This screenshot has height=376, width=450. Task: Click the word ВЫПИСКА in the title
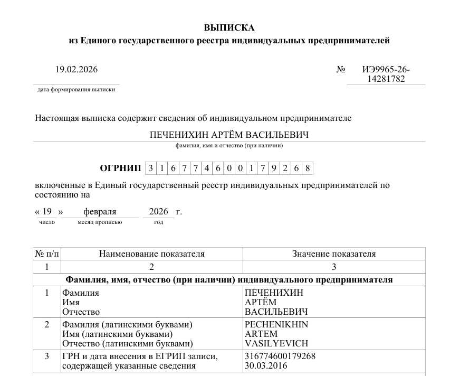[x=229, y=27]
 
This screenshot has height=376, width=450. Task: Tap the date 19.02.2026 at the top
[x=76, y=69]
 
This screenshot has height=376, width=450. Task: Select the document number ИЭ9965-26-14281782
[x=386, y=74]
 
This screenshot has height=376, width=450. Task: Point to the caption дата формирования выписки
[x=76, y=90]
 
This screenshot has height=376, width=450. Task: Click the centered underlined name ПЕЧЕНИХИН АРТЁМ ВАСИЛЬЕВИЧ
[x=229, y=135]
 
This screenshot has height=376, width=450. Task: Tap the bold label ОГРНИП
[x=120, y=168]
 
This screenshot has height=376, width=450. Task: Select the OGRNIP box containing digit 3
[x=150, y=168]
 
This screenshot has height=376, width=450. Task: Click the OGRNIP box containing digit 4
[x=207, y=168]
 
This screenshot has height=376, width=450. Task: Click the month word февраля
[x=100, y=212]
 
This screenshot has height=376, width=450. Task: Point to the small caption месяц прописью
[x=100, y=222]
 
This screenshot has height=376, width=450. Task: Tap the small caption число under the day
[x=47, y=222]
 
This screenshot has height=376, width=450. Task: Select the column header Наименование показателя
[x=151, y=254]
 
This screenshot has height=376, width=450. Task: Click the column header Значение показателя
[x=334, y=254]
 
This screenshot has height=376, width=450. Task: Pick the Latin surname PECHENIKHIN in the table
[x=276, y=324]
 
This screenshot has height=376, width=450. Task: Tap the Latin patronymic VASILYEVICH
[x=276, y=343]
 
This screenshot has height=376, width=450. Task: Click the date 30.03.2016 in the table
[x=265, y=365]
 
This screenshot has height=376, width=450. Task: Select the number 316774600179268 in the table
[x=280, y=356]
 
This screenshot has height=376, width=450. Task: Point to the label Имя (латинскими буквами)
[x=117, y=334]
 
